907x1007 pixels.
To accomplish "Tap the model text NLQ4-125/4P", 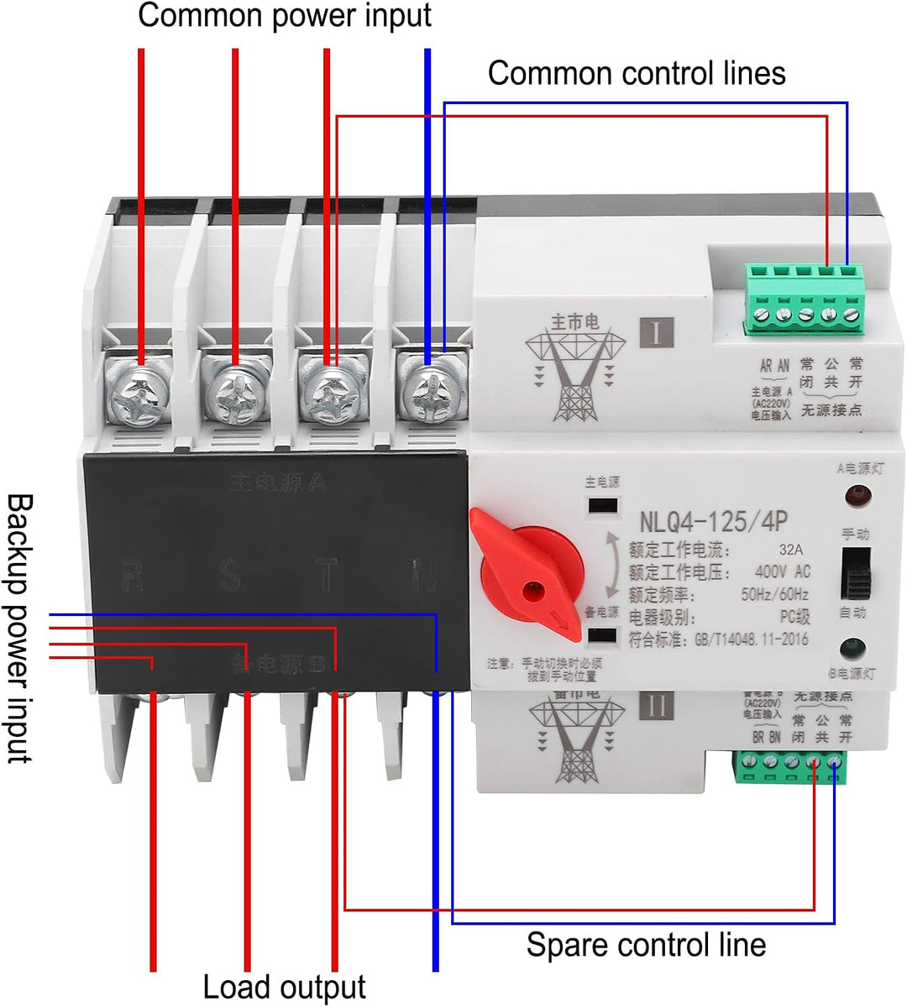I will click(713, 521).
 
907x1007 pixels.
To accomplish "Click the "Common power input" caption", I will click(285, 15).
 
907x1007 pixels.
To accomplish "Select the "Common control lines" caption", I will click(637, 73).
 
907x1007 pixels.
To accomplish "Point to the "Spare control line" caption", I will click(646, 945).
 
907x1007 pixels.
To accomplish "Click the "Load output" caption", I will click(285, 987).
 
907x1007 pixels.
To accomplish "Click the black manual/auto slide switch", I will click(854, 575).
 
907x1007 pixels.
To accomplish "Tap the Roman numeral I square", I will click(656, 332).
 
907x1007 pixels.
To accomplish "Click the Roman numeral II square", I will click(656, 705).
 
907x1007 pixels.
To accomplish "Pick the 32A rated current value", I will click(789, 550).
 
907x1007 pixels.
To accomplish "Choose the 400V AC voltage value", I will click(783, 572).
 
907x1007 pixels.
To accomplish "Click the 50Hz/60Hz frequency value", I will click(775, 595).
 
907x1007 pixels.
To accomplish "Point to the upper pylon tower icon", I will click(576, 369).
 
